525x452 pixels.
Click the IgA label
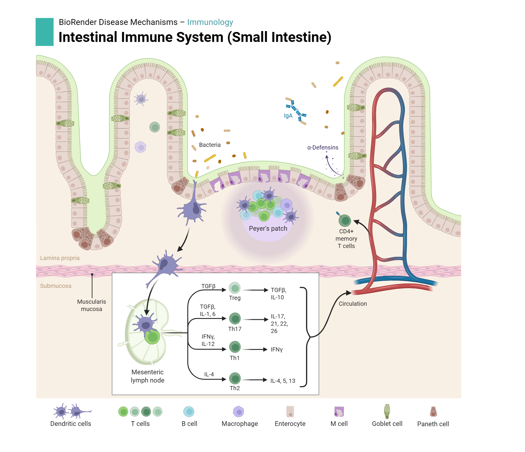tap(288, 116)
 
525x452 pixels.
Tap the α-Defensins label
tap(323, 147)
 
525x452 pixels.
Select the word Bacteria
tap(210, 145)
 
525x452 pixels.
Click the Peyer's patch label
tap(268, 228)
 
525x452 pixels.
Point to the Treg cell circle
tap(235, 288)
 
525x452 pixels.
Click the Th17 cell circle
tap(235, 319)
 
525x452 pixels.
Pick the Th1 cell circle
tap(235, 347)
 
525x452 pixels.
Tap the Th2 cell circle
tap(235, 378)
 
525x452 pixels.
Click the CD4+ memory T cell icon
tap(345, 220)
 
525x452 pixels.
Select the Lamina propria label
tap(60, 258)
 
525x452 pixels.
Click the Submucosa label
tap(56, 286)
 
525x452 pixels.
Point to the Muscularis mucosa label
tap(92, 305)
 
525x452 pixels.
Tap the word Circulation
tap(353, 304)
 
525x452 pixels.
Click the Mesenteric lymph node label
tap(147, 376)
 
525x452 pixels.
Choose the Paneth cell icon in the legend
tap(433, 412)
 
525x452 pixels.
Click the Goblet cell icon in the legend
tap(387, 412)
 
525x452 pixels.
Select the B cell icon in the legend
tap(189, 412)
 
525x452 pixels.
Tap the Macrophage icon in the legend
tap(239, 412)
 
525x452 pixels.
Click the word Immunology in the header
tap(210, 22)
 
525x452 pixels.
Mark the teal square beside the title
tap(45, 32)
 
